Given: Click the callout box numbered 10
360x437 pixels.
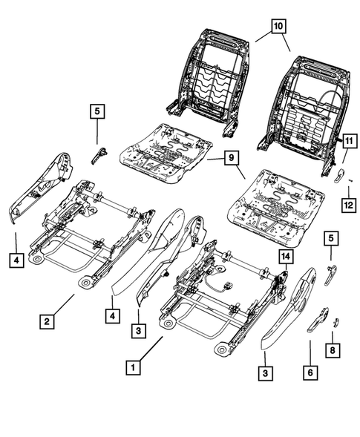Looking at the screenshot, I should point(277,27).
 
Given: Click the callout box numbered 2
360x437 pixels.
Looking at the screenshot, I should point(47,321).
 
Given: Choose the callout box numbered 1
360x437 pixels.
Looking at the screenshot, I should point(133,366).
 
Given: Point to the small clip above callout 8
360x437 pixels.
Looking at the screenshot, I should point(336,321).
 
